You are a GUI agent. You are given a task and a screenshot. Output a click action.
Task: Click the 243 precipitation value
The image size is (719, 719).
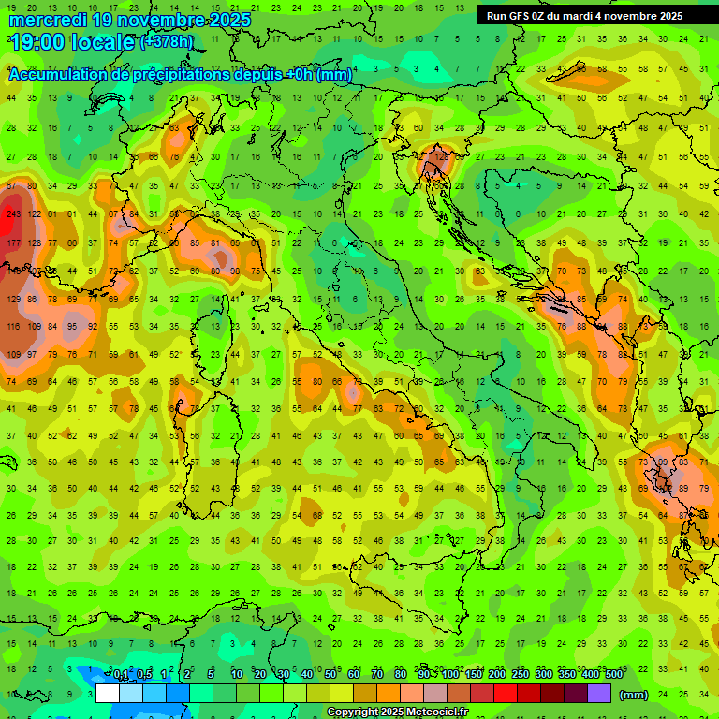[13, 214]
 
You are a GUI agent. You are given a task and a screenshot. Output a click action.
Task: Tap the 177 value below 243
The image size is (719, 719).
[13, 243]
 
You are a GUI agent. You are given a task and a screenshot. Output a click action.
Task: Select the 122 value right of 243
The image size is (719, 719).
[35, 214]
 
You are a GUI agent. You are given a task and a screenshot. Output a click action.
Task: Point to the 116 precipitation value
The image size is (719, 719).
[13, 327]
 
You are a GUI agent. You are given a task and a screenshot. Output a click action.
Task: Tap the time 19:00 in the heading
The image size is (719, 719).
[39, 42]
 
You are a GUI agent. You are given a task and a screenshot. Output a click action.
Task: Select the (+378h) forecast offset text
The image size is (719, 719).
[167, 42]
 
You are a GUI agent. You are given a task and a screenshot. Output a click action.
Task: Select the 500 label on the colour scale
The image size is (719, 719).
[613, 675]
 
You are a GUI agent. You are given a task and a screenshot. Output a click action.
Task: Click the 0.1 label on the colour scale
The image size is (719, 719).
[120, 675]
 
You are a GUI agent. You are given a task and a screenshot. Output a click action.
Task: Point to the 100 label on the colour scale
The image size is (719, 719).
[450, 675]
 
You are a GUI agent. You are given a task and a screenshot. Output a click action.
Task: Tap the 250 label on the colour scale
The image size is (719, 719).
[521, 675]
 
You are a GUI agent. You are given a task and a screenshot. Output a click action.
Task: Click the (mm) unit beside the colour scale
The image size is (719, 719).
[634, 695]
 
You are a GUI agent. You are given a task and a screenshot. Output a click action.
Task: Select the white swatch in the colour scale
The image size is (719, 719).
[108, 694]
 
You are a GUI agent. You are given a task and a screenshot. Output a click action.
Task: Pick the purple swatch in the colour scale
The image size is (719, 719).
[599, 694]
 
